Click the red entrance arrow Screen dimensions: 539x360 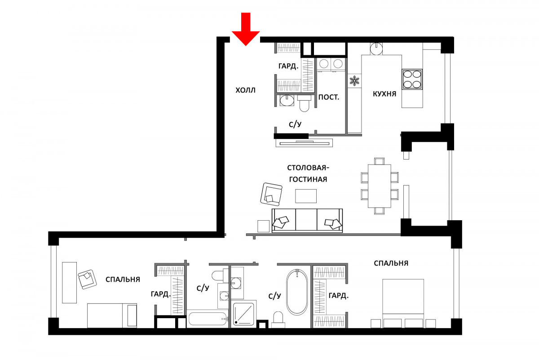246,29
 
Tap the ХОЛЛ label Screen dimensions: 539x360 245,90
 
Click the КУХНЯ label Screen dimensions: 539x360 384,93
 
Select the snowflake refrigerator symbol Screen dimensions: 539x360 354,80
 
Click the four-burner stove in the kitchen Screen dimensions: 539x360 412,79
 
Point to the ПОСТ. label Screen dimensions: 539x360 329,97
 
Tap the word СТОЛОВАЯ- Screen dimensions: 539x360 308,168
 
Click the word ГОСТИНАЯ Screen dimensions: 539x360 308,179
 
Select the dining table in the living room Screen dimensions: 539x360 380,186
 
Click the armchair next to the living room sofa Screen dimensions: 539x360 271,194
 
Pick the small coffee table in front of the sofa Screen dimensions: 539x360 306,196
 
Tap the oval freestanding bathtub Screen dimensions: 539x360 297,292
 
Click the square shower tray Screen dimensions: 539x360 244,313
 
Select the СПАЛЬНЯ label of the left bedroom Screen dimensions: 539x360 123,280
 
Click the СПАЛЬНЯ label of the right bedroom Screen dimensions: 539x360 391,263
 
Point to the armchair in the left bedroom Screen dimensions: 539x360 87,279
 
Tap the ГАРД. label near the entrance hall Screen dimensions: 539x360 288,66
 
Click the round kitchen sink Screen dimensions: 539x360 376,49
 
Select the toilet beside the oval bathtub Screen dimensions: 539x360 278,319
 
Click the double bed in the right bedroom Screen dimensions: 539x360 403,303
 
